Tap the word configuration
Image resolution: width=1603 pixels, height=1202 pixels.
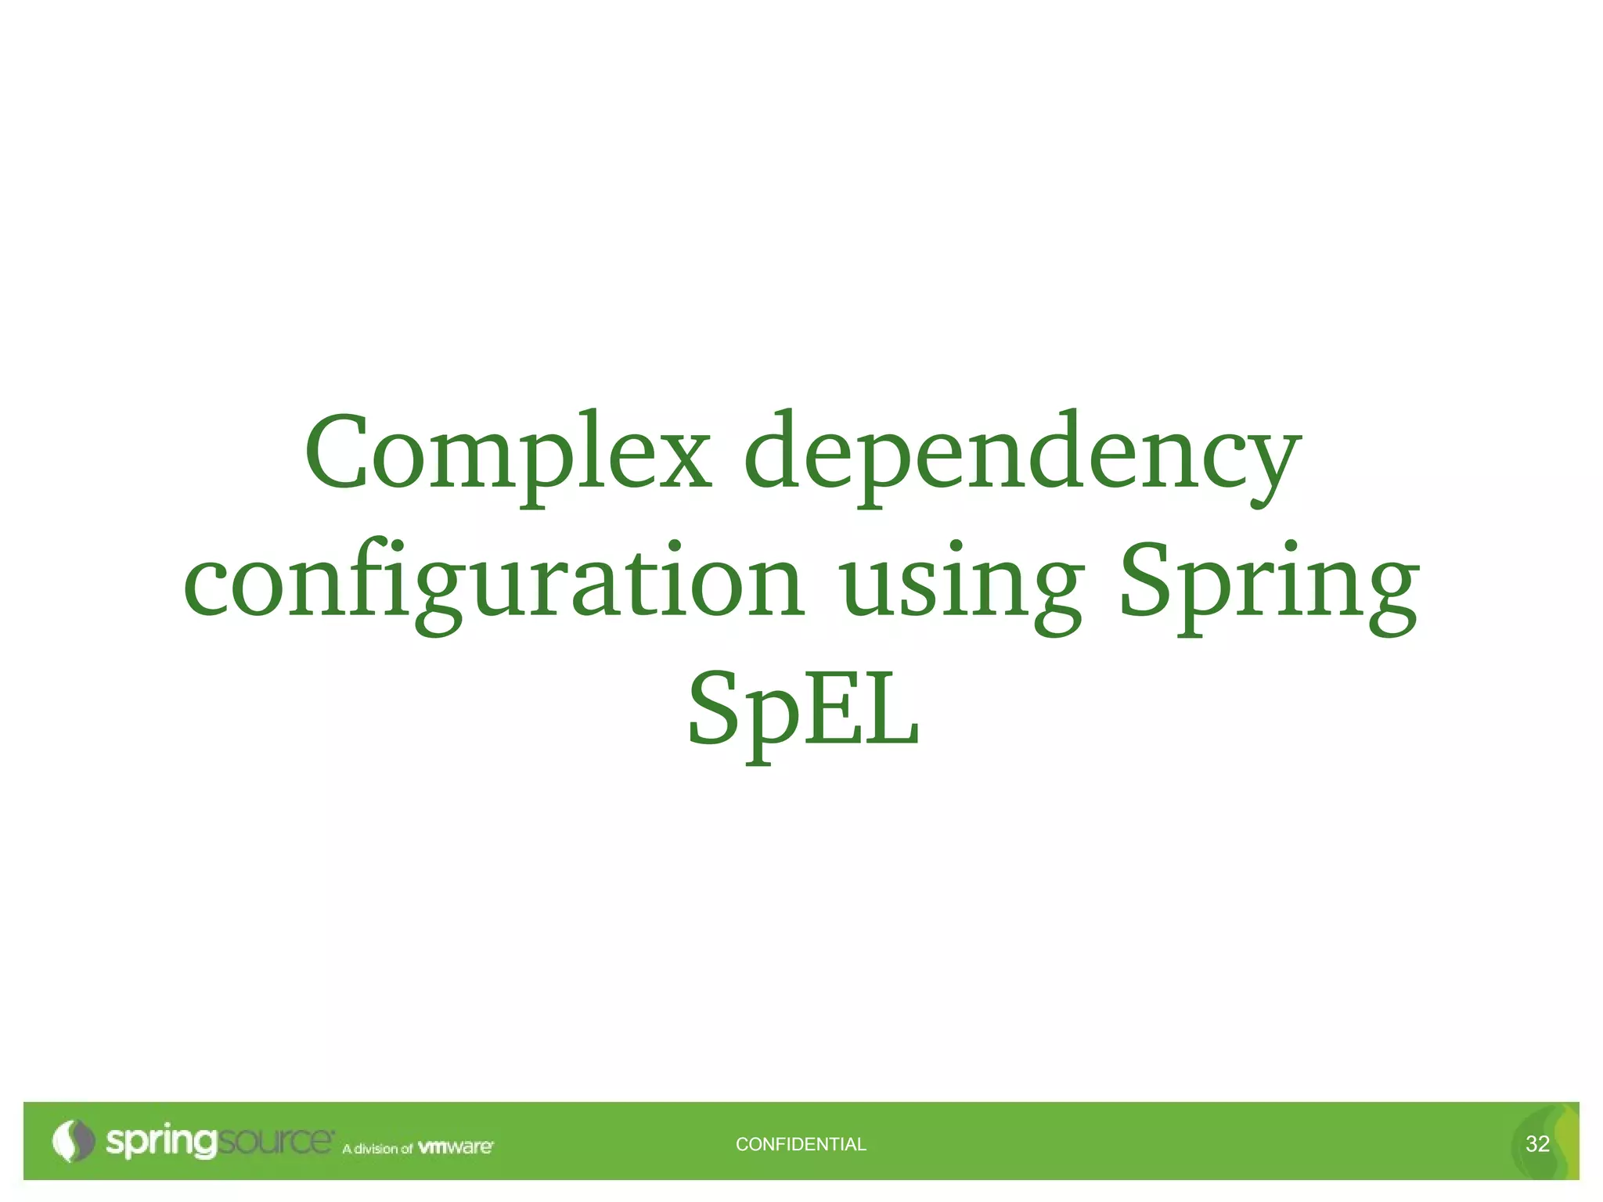click(x=493, y=583)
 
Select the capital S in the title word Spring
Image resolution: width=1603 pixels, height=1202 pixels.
click(x=1147, y=579)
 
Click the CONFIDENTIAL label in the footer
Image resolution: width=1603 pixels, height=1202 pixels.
click(x=801, y=1144)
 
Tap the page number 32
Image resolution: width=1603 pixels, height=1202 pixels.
click(x=1537, y=1144)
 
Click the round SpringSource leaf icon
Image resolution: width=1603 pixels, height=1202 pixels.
click(x=72, y=1141)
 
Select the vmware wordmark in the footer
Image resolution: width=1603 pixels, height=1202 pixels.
click(x=456, y=1147)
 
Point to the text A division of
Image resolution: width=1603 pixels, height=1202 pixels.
click(x=376, y=1149)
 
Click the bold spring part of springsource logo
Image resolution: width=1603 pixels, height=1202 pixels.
click(x=160, y=1142)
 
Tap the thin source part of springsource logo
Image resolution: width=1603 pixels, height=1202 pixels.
click(x=274, y=1141)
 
